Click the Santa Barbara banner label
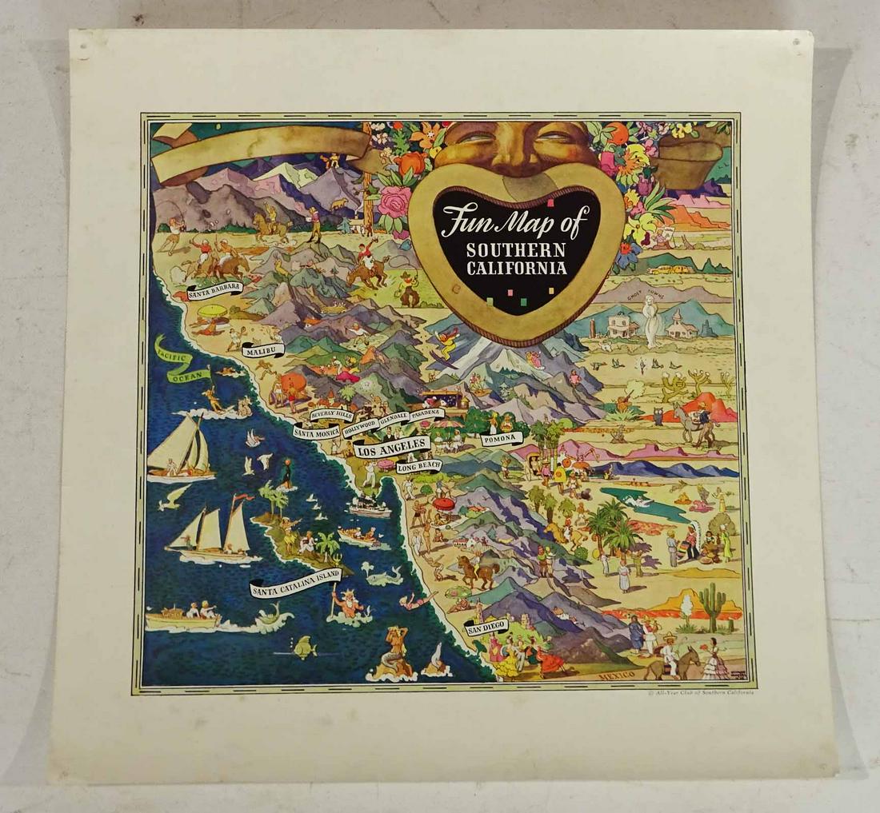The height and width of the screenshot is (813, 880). click(x=214, y=290)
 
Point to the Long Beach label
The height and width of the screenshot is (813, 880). click(x=418, y=465)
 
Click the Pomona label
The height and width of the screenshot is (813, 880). click(x=502, y=438)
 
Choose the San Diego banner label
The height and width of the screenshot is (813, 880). click(x=486, y=626)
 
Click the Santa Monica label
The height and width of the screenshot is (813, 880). click(x=316, y=432)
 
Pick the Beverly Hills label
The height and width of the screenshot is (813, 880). click(x=331, y=414)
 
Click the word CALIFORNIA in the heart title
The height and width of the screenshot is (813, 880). click(x=517, y=269)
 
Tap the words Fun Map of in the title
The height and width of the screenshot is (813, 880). click(x=515, y=221)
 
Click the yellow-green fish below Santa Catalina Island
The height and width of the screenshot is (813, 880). click(x=304, y=647)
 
